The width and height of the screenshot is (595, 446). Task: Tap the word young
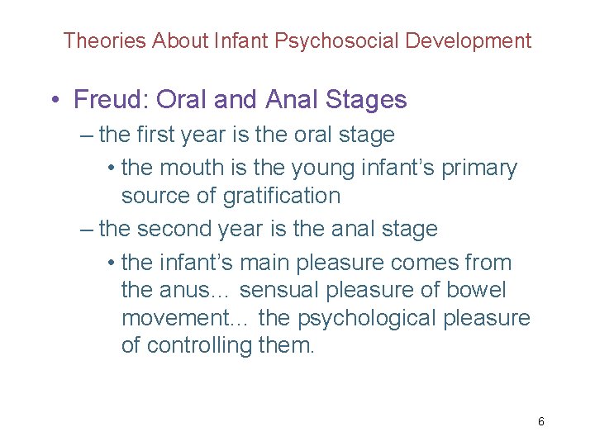[325, 168]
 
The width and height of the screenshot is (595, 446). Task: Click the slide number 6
[541, 422]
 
